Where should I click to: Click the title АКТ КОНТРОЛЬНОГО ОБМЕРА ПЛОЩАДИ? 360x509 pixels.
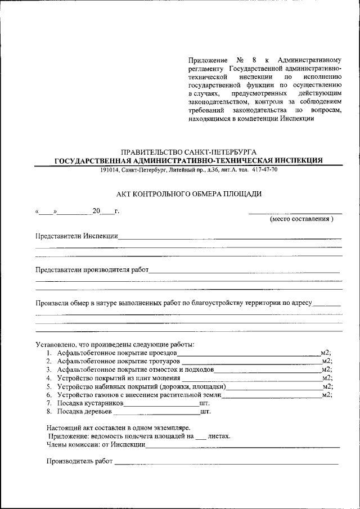click(x=189, y=194)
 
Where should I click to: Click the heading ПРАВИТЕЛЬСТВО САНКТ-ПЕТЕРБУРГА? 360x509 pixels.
click(x=189, y=152)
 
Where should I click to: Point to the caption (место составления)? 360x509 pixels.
click(x=301, y=219)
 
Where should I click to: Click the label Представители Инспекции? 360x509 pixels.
click(x=76, y=236)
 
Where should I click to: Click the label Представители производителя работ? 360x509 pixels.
click(x=92, y=269)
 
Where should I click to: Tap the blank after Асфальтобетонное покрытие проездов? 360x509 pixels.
click(x=248, y=353)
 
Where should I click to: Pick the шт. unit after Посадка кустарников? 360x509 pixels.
click(x=204, y=403)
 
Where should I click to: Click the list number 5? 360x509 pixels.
click(x=49, y=386)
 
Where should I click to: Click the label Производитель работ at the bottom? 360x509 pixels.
click(x=79, y=462)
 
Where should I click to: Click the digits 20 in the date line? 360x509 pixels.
click(x=96, y=211)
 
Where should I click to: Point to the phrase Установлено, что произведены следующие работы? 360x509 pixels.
click(x=115, y=344)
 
